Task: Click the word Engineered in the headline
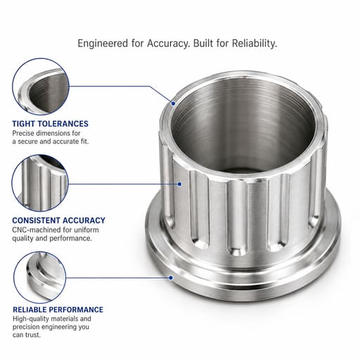click(x=103, y=44)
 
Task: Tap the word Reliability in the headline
click(x=255, y=43)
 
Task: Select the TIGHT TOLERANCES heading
click(x=50, y=124)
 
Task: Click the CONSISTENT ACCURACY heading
click(x=58, y=220)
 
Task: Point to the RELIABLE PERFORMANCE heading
click(x=58, y=309)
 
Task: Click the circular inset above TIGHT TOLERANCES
click(x=41, y=86)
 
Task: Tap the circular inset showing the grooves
click(x=40, y=183)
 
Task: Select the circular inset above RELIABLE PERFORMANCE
click(x=39, y=278)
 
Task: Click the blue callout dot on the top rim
click(x=173, y=103)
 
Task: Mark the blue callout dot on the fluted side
click(x=179, y=184)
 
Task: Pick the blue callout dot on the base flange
click(x=171, y=278)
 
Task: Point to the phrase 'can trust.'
click(x=27, y=335)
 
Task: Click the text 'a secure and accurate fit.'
click(x=51, y=141)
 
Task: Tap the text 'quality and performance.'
click(x=52, y=238)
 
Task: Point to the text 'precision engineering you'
click(x=51, y=327)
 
